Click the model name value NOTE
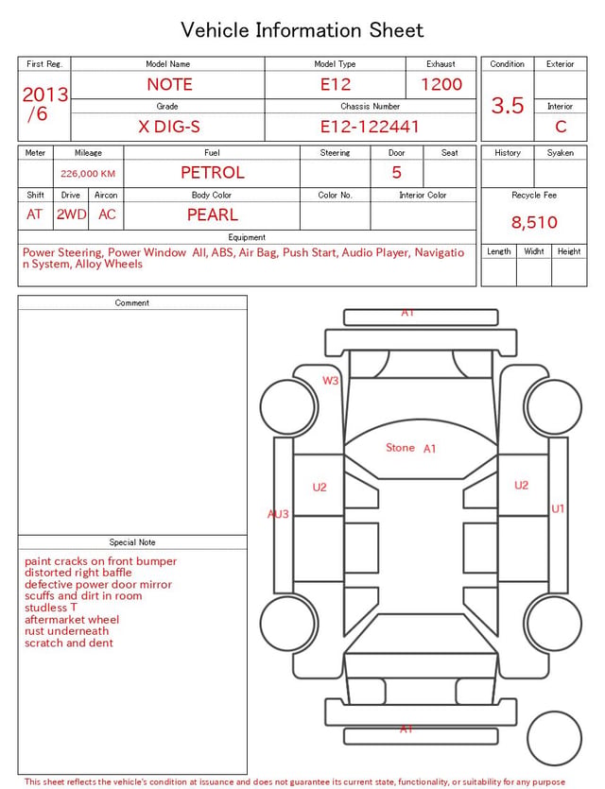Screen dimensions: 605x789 (x=169, y=84)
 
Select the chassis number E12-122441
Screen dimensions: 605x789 (x=370, y=127)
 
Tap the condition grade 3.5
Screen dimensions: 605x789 (x=508, y=106)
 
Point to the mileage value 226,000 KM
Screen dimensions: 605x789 (x=88, y=174)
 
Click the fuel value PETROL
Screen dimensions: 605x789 (x=213, y=173)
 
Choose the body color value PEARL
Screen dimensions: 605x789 (x=213, y=214)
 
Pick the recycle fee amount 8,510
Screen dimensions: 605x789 (x=534, y=222)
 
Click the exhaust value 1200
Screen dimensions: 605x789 (x=441, y=84)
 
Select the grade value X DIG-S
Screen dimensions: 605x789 (x=169, y=127)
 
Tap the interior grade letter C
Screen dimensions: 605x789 (x=561, y=127)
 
